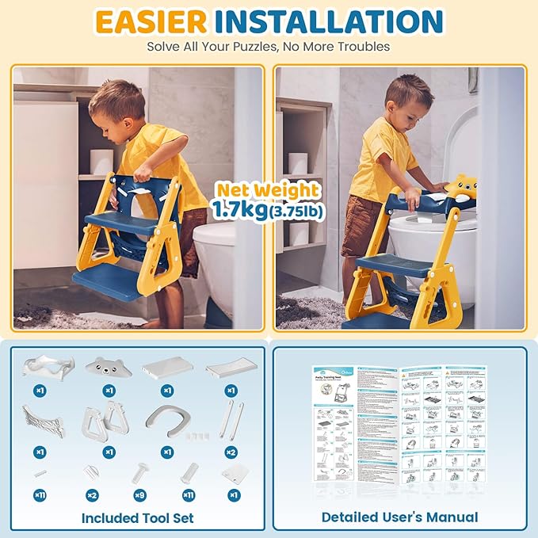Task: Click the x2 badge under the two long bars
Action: pos(231,452)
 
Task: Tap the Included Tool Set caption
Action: pos(138,517)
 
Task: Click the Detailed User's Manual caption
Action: pos(399,517)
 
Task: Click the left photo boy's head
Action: pos(116,101)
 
